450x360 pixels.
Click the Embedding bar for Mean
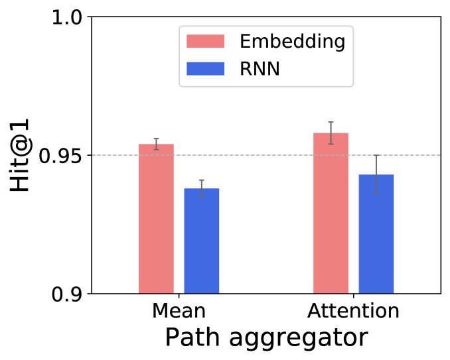coord(156,219)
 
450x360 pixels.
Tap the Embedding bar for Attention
coord(331,213)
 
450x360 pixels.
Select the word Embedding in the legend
coord(292,42)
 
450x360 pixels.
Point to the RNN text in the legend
coord(260,68)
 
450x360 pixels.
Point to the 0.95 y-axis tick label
coord(62,156)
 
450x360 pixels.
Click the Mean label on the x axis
coord(179,311)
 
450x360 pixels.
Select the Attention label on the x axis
coord(353,311)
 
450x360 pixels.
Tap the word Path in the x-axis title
coord(189,338)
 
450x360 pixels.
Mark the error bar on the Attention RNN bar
coord(376,174)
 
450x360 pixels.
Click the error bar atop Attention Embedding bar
coord(331,133)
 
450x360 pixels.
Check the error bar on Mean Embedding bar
coord(156,144)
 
